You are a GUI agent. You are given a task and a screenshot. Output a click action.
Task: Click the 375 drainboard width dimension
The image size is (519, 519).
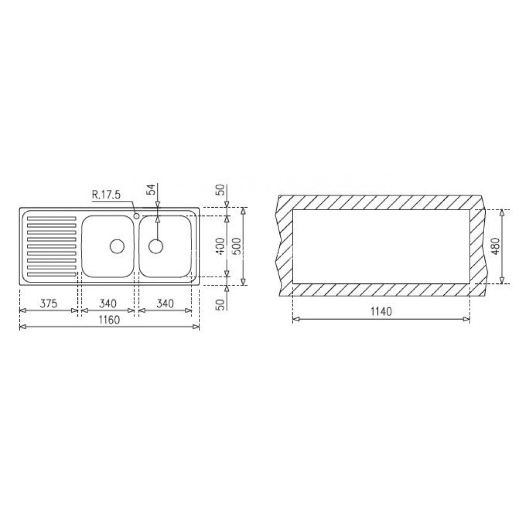48,303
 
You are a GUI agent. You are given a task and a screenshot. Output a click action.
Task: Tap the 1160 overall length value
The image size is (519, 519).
110,320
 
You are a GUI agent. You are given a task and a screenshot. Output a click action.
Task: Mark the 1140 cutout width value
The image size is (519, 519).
380,312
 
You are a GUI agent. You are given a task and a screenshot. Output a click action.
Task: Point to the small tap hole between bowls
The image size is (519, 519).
136,215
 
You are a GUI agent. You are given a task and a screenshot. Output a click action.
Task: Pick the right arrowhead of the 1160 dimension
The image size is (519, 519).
196,326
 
